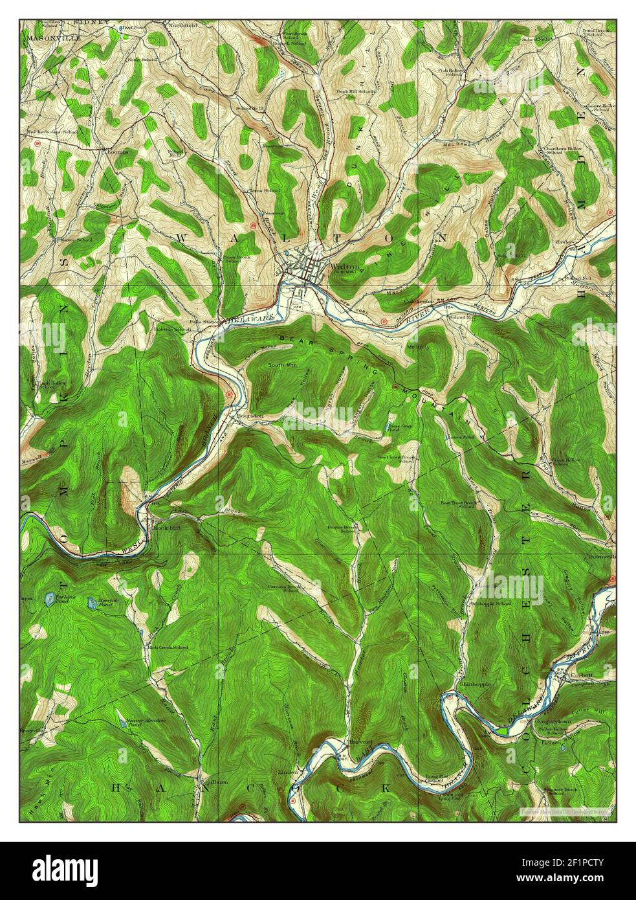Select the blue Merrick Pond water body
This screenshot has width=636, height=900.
coord(93,603)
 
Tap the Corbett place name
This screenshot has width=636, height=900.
coord(582,674)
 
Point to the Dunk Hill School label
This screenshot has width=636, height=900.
coord(355,91)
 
